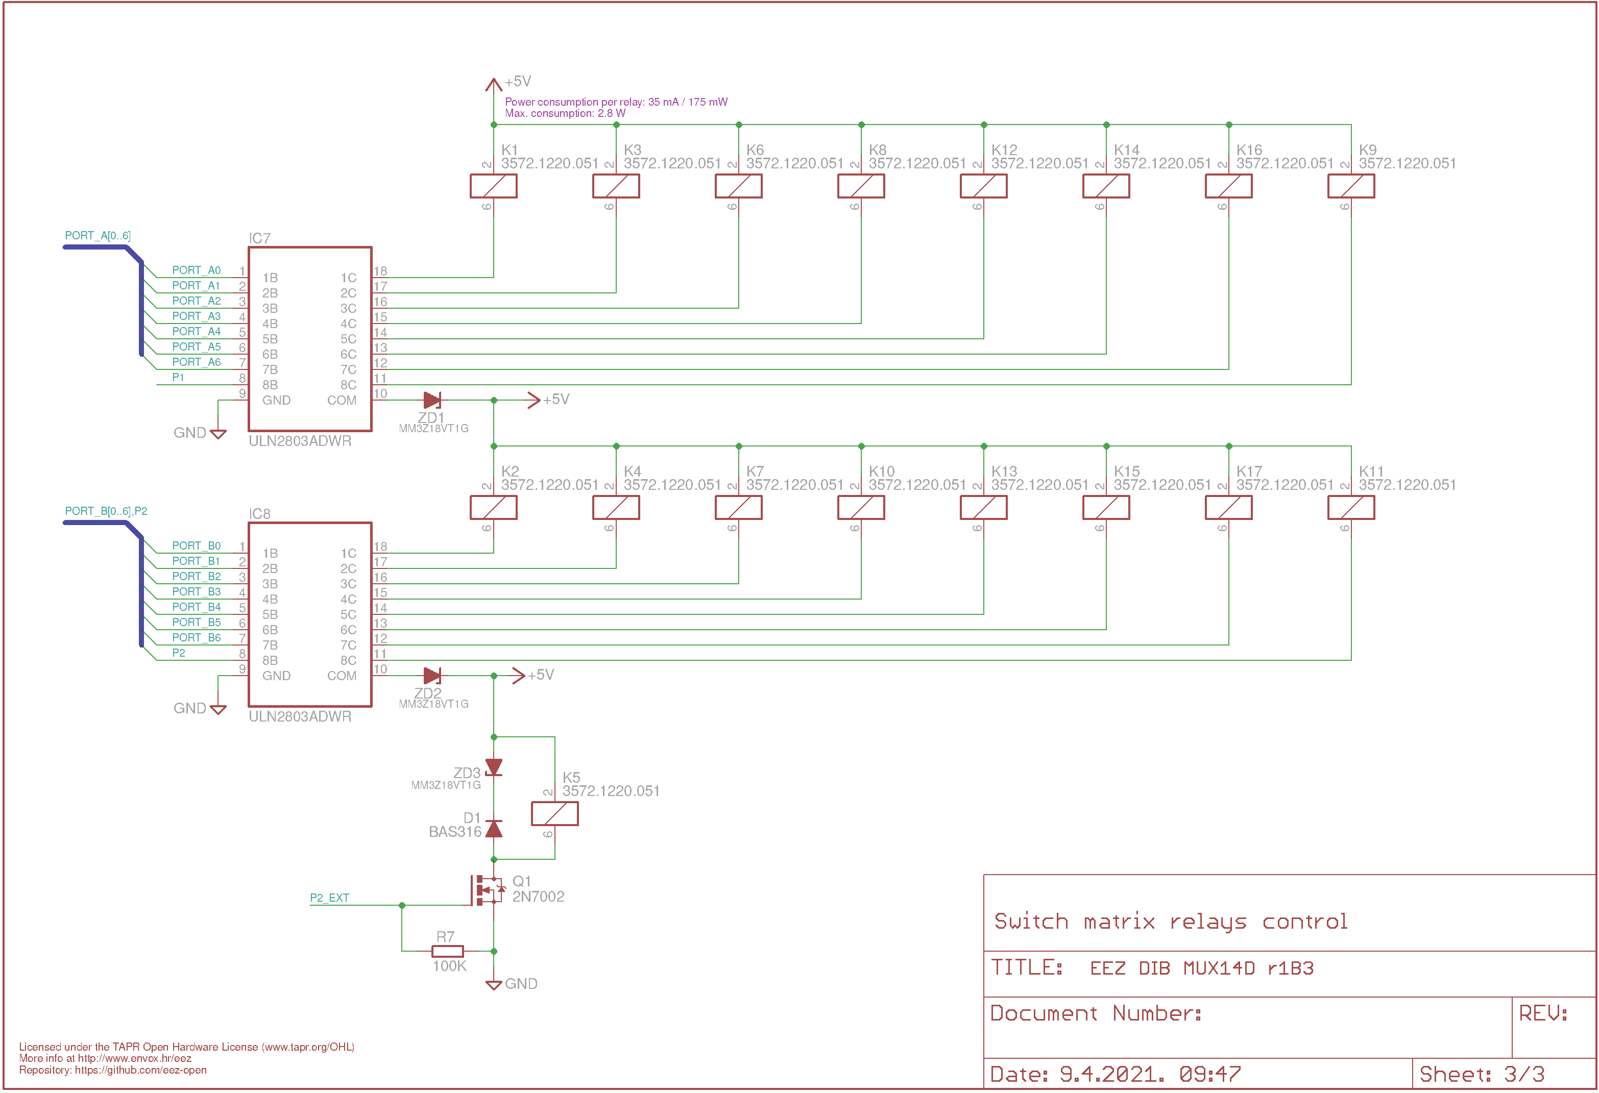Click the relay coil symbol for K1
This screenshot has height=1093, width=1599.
(493, 186)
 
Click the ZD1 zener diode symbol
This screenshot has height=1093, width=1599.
(432, 400)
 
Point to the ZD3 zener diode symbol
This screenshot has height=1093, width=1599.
(493, 767)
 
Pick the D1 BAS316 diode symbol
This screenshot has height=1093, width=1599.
(493, 828)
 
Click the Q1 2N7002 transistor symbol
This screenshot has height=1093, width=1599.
(488, 890)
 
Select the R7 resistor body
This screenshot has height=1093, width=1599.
(447, 951)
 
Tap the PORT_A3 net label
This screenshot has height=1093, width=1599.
(196, 316)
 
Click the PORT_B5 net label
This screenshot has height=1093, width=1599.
(196, 622)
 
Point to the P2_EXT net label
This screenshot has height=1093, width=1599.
(330, 898)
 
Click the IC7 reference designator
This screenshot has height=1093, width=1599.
(259, 238)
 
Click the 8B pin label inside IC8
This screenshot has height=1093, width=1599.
(270, 660)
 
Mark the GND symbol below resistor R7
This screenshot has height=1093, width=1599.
(493, 984)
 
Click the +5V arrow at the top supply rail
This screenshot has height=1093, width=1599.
(493, 85)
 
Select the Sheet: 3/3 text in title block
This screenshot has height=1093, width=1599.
(1482, 1074)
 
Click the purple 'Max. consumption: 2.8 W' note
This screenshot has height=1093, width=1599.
(565, 113)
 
